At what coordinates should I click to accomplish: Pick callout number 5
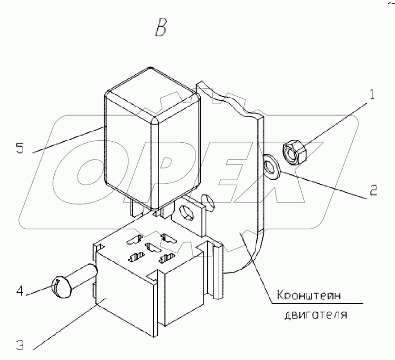tap(19, 148)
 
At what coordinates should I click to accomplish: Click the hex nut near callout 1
tap(296, 151)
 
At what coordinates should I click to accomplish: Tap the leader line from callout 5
tap(69, 138)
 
